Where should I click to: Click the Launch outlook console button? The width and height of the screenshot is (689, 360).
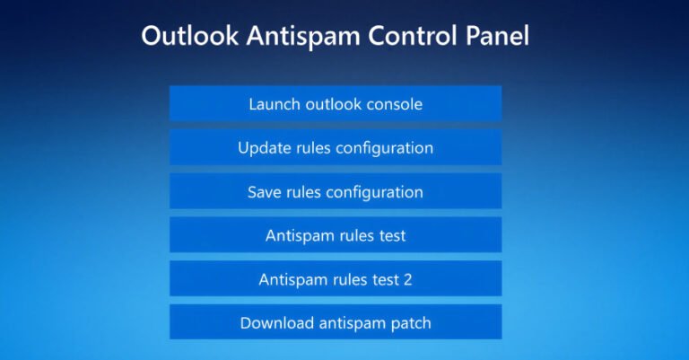coord(335,104)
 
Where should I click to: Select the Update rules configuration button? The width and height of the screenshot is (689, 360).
coord(335,148)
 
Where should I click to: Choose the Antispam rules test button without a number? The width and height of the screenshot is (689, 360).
coord(335,236)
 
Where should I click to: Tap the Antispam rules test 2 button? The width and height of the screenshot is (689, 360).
coord(335,280)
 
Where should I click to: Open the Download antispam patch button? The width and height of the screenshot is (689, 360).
coord(335,323)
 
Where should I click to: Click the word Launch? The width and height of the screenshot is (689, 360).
coord(275,104)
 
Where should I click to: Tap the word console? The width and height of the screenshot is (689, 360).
coord(391,104)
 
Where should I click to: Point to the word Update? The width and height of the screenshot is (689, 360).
coord(263,148)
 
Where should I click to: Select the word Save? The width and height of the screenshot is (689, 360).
coord(265,192)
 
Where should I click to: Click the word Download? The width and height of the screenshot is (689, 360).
coord(274,323)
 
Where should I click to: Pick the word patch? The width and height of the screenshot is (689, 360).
coord(408,323)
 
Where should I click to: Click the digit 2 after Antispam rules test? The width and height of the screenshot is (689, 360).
coord(407,280)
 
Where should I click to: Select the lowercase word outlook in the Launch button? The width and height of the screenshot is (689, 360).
coord(331,104)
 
